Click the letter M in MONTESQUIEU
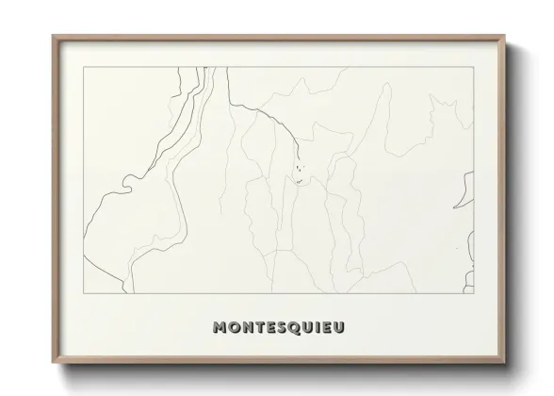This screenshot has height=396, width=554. coord(221,329)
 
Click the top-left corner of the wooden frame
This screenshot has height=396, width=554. coord(53,36)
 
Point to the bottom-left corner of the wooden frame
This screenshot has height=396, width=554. coord(53,363)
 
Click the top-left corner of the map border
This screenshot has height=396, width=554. coord(84,69)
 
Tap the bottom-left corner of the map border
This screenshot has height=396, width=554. coord(84,288)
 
